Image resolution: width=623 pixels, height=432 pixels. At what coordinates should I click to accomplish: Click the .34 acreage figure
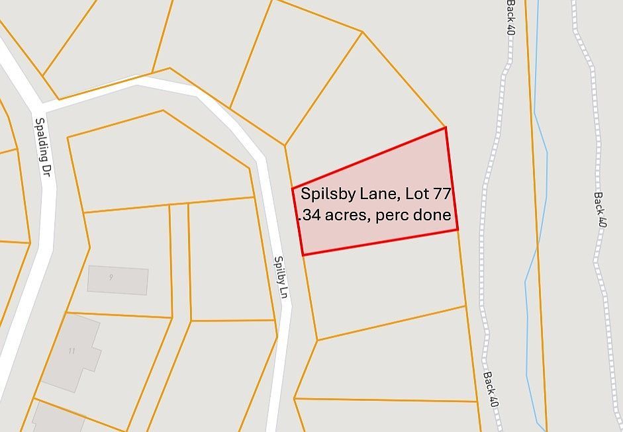(x=310, y=216)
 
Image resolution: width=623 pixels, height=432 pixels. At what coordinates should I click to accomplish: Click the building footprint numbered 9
(x=118, y=280)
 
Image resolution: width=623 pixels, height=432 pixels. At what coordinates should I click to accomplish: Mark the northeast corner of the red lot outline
(x=446, y=128)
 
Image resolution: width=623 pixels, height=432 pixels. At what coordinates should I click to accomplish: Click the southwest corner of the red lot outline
(x=303, y=255)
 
